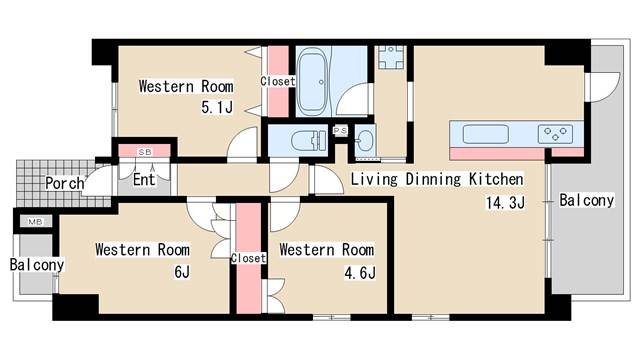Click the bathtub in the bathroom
point(313,82)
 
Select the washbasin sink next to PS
point(364,141)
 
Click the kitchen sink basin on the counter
point(485,134)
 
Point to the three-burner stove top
point(555,134)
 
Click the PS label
point(340,131)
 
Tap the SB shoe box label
point(145,152)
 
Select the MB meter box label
point(35,222)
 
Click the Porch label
point(64,183)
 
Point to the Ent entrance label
point(144,179)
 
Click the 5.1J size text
point(217,107)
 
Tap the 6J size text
point(182,271)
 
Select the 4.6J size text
point(360,273)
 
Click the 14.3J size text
point(505,202)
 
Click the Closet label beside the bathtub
point(278,81)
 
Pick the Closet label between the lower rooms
point(248,258)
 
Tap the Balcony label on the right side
point(587,200)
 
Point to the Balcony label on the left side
point(37,264)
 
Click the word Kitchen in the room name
point(496,179)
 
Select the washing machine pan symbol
point(391,57)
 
